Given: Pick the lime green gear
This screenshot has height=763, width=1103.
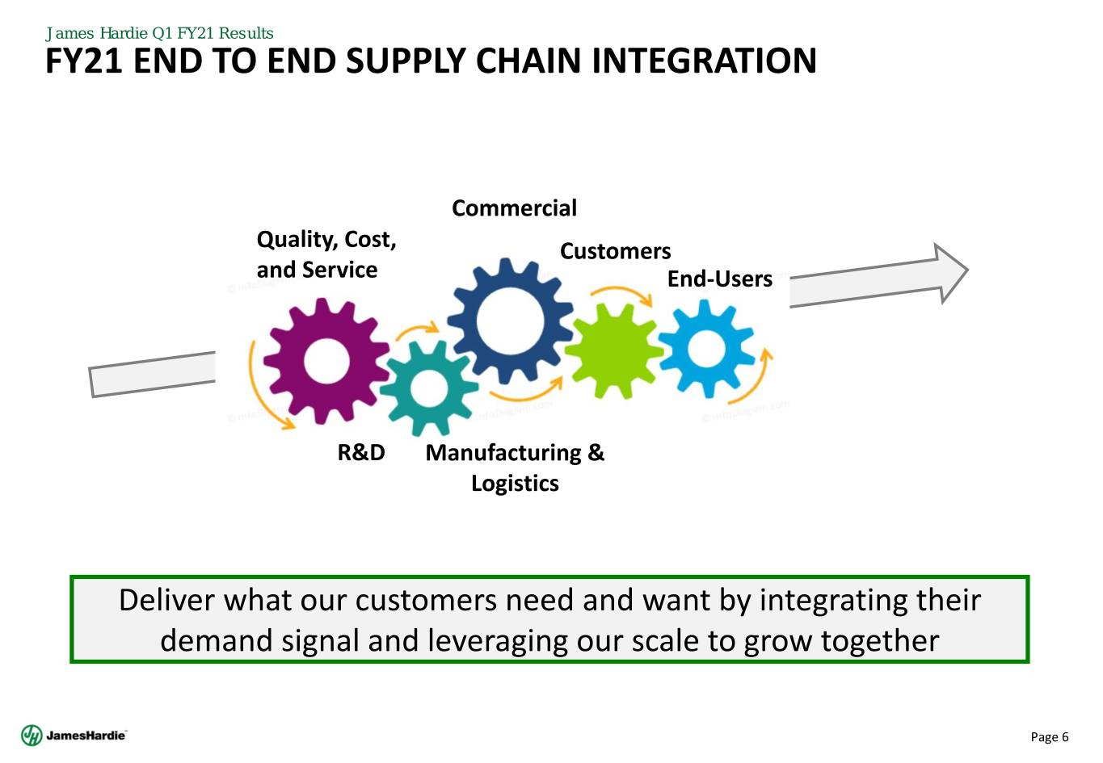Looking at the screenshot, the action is point(614,350).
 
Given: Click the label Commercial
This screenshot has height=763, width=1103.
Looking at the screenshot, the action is point(514,208).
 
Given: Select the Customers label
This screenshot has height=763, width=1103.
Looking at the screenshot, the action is point(615,251).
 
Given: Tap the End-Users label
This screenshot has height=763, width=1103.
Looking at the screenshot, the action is point(719,279).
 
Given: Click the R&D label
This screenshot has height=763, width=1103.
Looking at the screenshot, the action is point(361,453).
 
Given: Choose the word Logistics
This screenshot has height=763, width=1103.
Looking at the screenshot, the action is point(515,484).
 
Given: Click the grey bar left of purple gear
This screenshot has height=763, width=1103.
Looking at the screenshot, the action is point(152,375).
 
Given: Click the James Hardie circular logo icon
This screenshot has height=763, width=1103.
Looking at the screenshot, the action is point(32,736).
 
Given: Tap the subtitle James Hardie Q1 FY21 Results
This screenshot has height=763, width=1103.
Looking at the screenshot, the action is point(159,33).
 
